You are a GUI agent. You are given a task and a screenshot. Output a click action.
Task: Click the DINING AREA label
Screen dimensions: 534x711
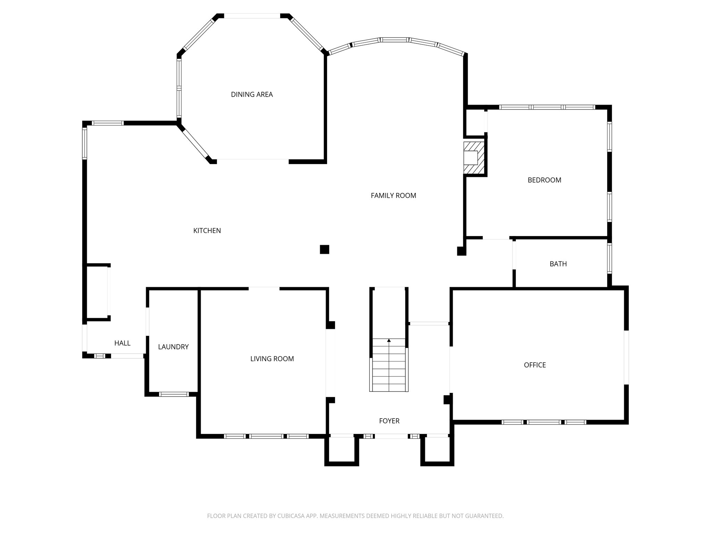[x=252, y=95]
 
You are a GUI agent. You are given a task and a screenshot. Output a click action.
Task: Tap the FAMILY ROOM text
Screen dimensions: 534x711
[x=393, y=196]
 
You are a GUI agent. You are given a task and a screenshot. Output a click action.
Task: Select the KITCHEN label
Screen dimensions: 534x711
[x=207, y=230]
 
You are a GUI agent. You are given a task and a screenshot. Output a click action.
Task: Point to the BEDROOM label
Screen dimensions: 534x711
[x=544, y=180]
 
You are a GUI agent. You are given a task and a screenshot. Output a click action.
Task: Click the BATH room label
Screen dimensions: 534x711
[x=558, y=264]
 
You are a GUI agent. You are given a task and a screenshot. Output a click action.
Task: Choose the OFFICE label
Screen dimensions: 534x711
[x=535, y=365]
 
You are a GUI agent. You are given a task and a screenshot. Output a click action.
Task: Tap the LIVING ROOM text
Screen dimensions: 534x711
[x=272, y=359]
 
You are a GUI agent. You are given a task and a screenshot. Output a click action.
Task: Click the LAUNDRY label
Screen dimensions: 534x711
[x=173, y=347]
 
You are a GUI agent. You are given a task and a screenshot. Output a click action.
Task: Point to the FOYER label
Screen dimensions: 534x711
[x=389, y=421]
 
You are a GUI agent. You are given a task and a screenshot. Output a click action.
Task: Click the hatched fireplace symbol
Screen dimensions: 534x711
[x=474, y=157]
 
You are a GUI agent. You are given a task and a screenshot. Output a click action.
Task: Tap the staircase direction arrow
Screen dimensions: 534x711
[x=389, y=341]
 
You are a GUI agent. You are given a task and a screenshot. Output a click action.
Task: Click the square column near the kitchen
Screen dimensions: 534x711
[x=324, y=250]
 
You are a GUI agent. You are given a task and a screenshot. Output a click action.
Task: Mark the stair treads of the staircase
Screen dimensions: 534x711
[x=389, y=369]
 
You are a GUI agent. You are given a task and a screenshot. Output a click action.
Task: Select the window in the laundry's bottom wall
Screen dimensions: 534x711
[x=174, y=394]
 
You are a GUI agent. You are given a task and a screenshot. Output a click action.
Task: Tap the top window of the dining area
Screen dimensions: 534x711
[x=252, y=16]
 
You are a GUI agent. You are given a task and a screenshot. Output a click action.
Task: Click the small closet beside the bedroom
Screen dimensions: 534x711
[x=475, y=122]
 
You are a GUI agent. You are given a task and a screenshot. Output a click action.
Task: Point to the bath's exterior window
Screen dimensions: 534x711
[x=609, y=258]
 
